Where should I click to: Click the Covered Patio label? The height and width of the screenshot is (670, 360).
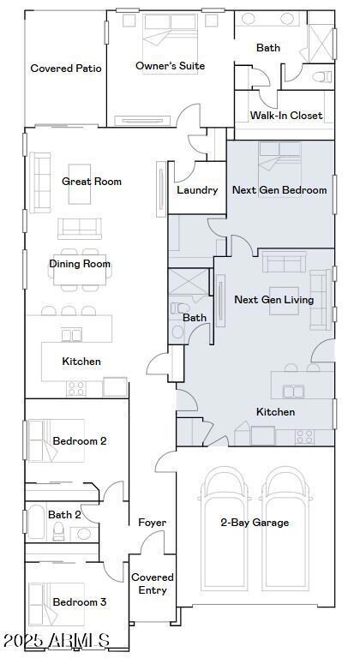[x=66, y=69]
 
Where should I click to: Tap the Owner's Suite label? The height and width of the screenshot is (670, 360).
[x=171, y=66]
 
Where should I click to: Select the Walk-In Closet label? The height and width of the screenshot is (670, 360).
[x=286, y=116]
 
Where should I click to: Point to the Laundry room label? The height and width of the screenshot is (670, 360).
[x=197, y=190]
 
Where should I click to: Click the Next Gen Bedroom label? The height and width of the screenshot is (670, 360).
[x=279, y=189]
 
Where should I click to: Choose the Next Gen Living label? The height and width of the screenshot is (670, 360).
[x=274, y=300]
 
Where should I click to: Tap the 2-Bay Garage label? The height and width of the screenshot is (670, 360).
[x=255, y=522]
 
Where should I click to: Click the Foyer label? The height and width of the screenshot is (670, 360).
[x=153, y=523]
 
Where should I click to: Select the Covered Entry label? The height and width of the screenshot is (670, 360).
[x=153, y=583]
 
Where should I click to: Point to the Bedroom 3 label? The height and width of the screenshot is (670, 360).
[x=80, y=602]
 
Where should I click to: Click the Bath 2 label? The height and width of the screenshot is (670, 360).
[x=64, y=514]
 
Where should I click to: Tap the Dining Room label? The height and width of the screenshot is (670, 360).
[x=80, y=264]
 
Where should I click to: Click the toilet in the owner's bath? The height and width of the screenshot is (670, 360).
[x=322, y=77]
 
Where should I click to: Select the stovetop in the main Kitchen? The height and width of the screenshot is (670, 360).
[x=76, y=388]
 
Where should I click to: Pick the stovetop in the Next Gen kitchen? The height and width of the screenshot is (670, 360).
[x=305, y=437]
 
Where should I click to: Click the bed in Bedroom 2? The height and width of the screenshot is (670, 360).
[x=56, y=440]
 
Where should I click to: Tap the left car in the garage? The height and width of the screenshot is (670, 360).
[x=225, y=529]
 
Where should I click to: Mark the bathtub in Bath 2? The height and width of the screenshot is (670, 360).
[x=36, y=522]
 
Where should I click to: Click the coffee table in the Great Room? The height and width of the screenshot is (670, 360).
[x=80, y=184]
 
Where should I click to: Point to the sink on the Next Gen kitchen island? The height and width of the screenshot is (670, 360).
[x=293, y=392]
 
